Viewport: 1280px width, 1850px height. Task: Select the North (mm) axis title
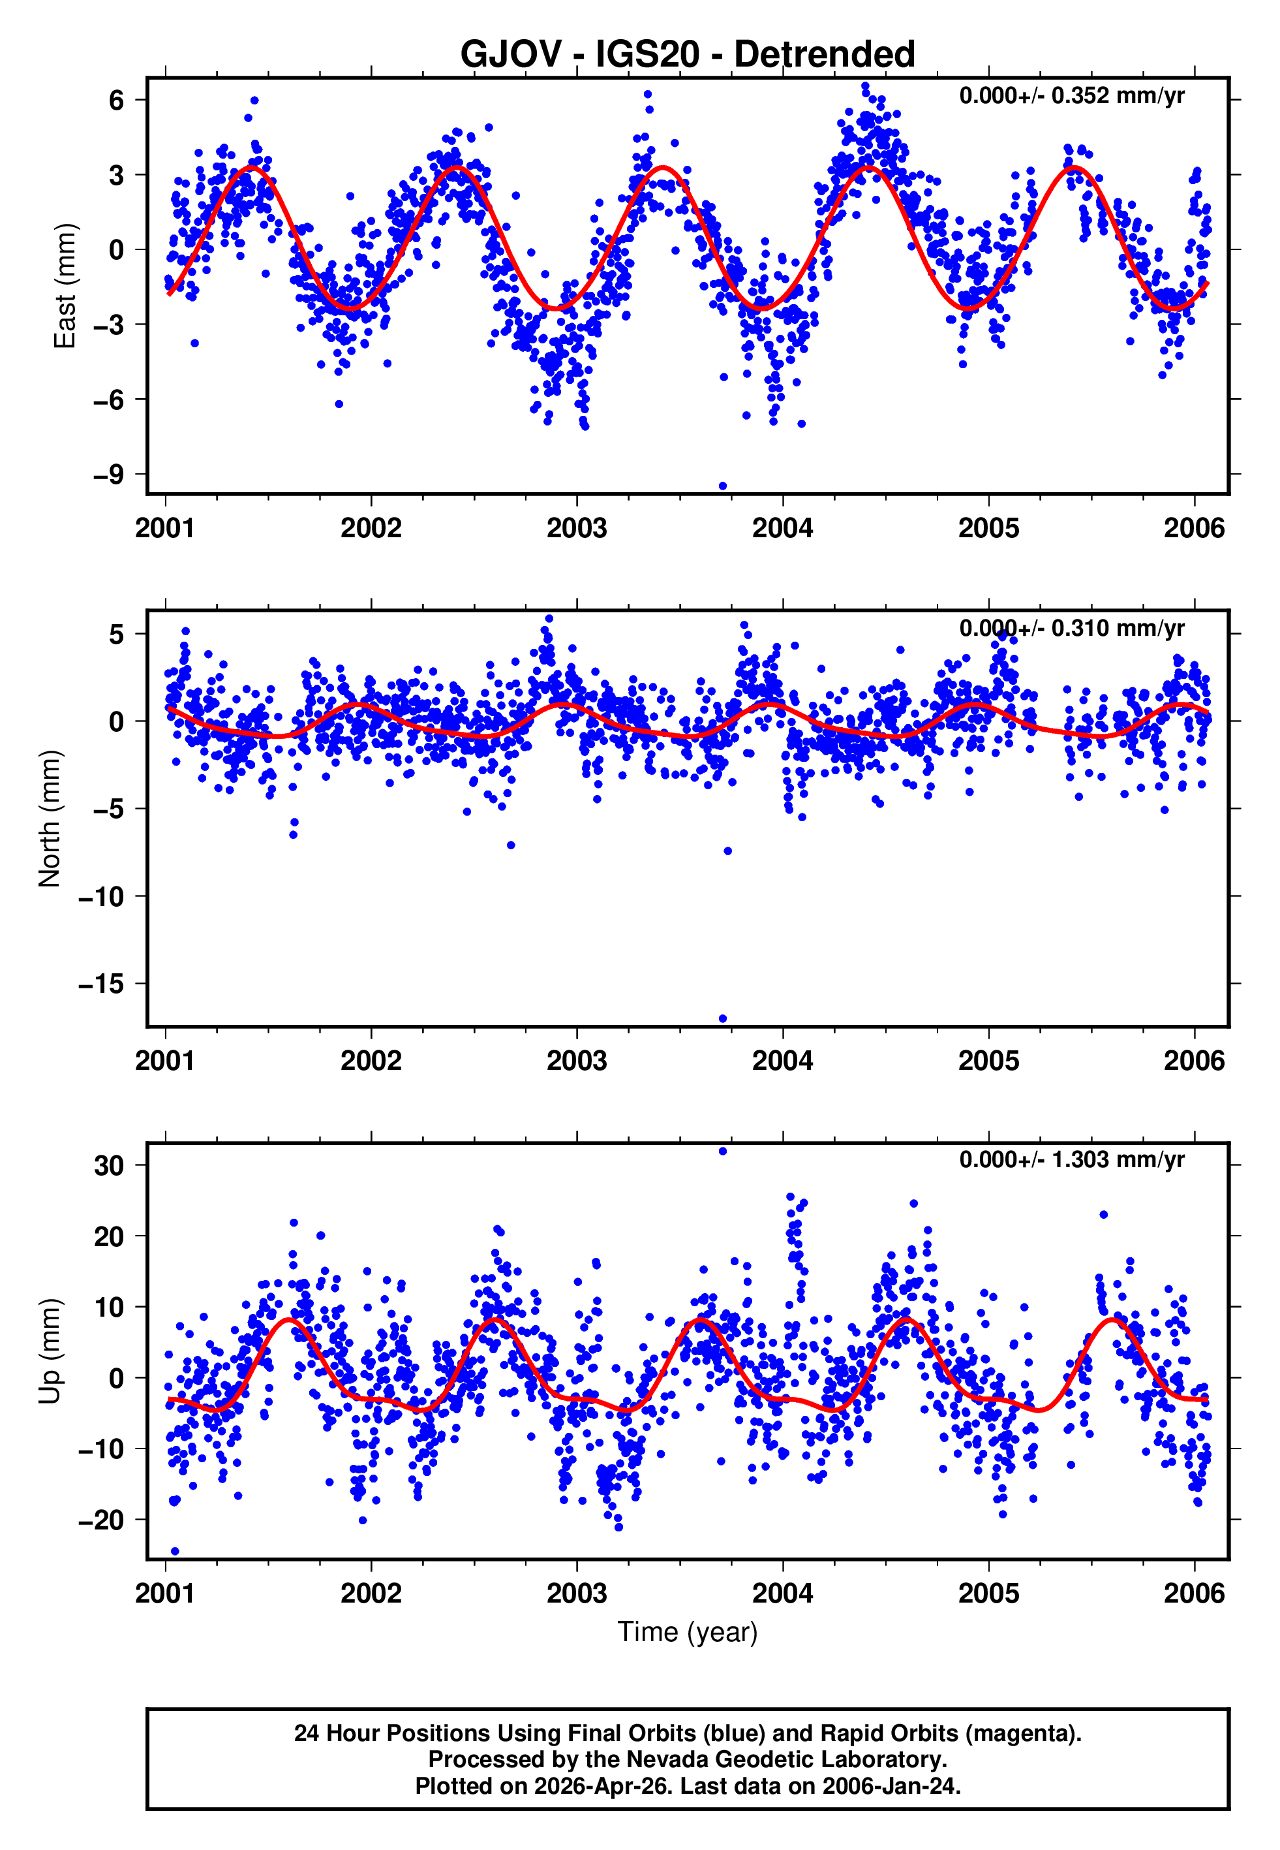point(50,819)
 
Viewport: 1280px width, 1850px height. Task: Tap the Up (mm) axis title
point(50,1351)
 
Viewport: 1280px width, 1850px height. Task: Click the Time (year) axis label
point(688,1632)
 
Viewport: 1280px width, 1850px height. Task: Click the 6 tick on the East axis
point(117,101)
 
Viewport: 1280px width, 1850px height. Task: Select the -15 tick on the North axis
point(101,984)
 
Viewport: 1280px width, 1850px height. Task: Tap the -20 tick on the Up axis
point(101,1520)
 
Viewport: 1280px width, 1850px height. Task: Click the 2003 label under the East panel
point(577,529)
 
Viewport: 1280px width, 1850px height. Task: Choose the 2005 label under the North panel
point(989,1061)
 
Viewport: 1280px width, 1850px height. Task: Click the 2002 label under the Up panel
point(371,1593)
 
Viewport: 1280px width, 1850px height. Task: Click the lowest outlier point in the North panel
point(723,1019)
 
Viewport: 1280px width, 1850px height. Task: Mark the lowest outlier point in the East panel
point(723,486)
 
